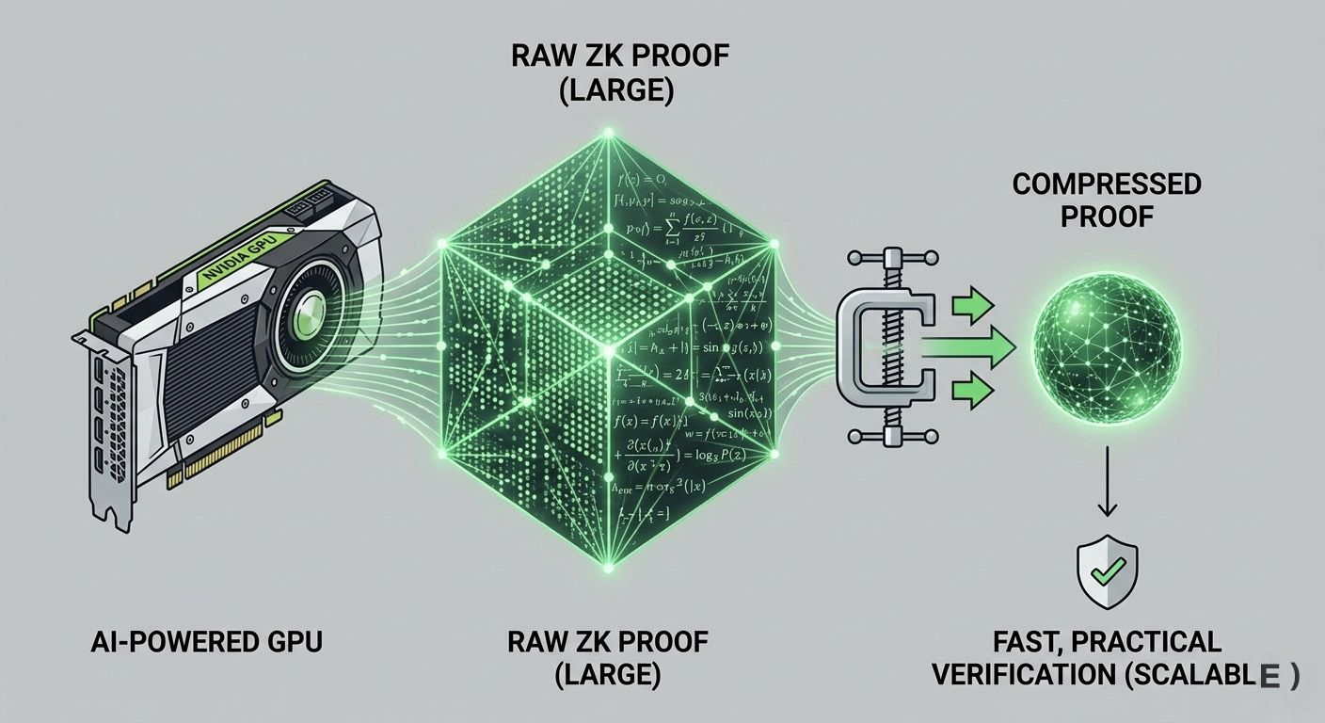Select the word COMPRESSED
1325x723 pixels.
click(x=1107, y=184)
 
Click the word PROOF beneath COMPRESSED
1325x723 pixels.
click(x=1107, y=217)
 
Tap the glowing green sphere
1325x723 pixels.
click(x=1107, y=347)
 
